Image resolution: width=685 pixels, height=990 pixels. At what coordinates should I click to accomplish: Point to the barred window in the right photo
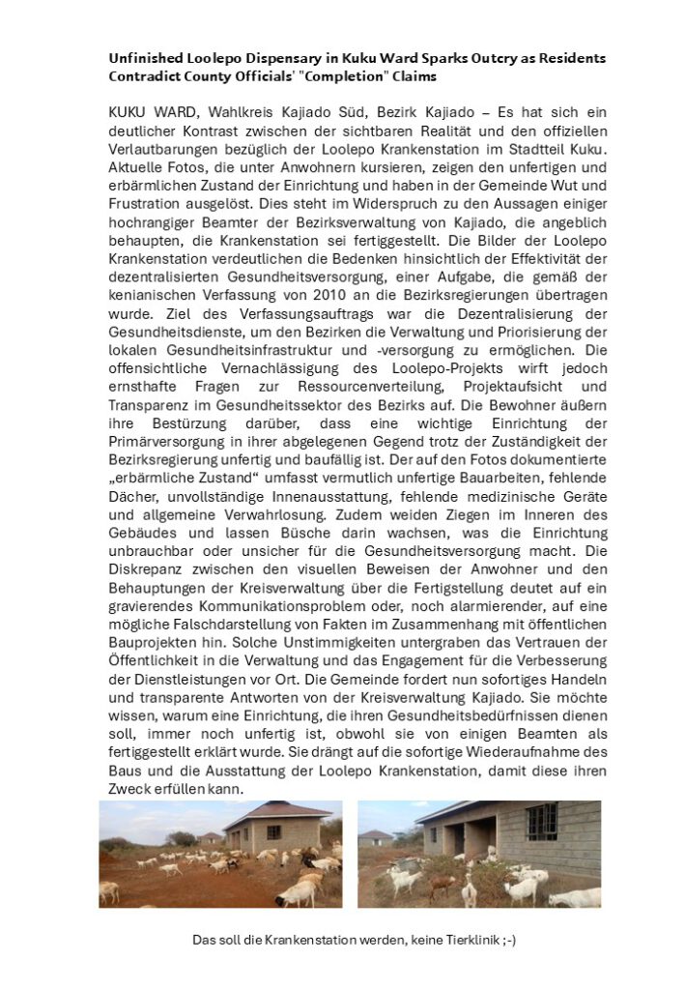[540, 823]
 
